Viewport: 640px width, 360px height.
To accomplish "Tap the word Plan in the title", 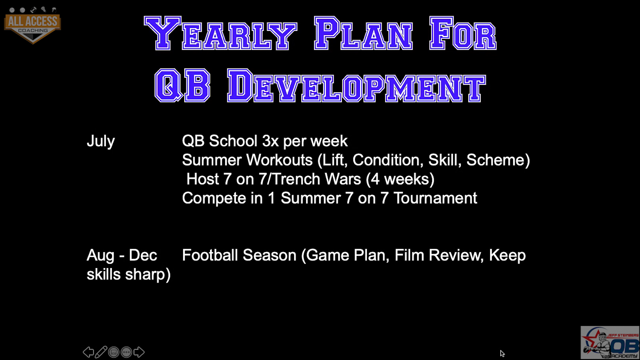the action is [x=363, y=33].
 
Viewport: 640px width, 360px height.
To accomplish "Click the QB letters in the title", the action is [x=182, y=85].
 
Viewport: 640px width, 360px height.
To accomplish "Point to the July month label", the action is [x=101, y=141].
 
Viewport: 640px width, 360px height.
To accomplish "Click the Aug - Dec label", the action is [x=122, y=255].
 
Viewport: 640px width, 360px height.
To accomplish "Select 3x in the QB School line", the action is [x=270, y=141].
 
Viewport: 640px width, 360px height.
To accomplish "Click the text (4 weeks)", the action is [x=400, y=179].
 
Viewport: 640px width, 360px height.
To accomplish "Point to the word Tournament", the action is [x=435, y=198].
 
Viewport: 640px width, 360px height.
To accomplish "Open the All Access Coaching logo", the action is [x=33, y=25].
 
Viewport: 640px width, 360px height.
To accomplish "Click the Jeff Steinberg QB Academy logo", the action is [x=610, y=343].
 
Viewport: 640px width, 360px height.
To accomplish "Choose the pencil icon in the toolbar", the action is [x=101, y=352].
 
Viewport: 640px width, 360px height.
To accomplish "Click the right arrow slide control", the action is [x=139, y=352].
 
